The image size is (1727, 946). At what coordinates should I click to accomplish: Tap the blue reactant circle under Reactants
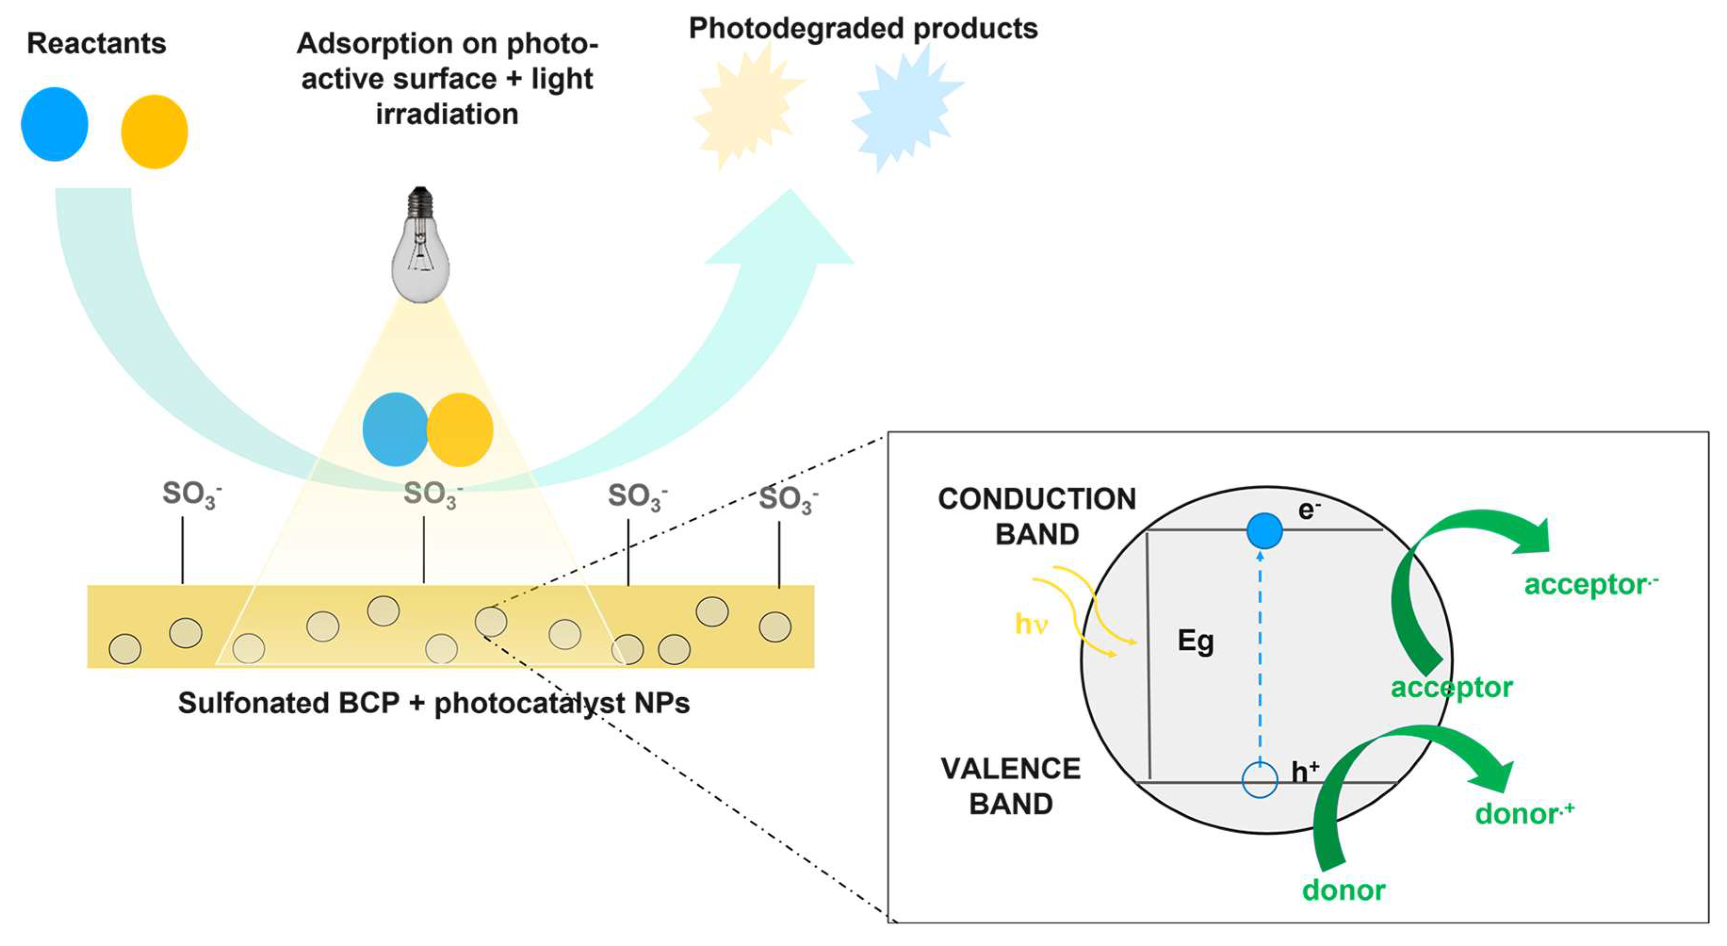point(54,124)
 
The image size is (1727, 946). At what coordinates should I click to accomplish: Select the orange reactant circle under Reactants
point(154,131)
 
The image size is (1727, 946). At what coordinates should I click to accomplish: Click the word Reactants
point(96,44)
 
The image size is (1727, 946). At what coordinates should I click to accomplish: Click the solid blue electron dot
point(1265,531)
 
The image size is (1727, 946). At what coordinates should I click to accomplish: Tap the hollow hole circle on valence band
point(1260,780)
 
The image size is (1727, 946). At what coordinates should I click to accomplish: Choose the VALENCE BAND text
point(1010,786)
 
